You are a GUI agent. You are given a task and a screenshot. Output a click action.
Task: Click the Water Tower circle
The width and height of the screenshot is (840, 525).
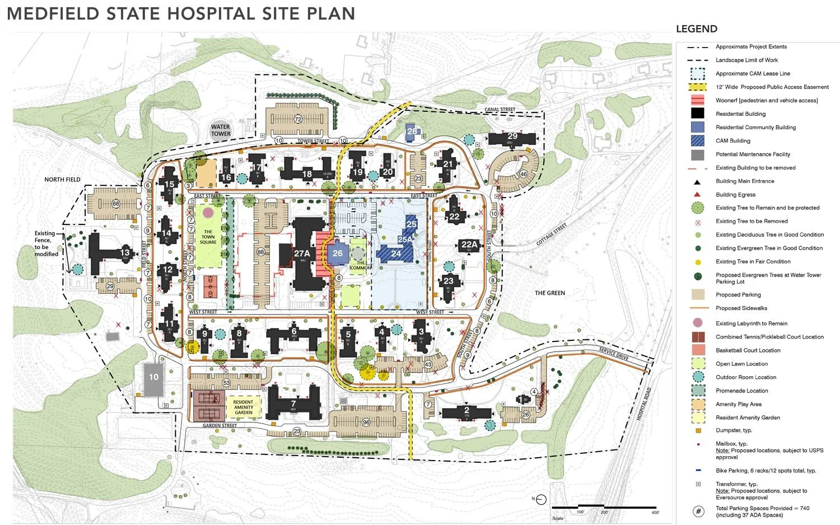click(221, 130)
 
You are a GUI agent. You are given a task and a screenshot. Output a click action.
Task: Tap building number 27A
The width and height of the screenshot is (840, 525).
click(302, 254)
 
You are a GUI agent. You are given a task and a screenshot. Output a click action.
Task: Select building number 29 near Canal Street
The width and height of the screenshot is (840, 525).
click(512, 137)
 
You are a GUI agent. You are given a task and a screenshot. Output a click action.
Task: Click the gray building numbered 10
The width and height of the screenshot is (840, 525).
click(153, 377)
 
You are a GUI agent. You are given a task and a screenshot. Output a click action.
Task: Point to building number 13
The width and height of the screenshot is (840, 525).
click(124, 252)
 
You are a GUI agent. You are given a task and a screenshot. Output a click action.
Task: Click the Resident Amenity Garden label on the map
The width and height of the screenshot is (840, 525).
click(243, 407)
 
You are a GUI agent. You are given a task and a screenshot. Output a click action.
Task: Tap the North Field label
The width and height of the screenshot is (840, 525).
click(62, 180)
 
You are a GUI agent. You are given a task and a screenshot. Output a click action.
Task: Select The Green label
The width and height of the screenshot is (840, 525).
click(549, 293)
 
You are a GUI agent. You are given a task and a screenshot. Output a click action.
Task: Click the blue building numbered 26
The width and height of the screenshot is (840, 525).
click(338, 254)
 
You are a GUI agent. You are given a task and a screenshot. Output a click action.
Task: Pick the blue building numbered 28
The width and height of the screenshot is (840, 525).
click(412, 132)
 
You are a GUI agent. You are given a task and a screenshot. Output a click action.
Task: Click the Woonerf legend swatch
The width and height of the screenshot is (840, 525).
click(697, 100)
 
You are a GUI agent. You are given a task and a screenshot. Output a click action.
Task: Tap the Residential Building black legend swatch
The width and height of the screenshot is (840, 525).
click(697, 114)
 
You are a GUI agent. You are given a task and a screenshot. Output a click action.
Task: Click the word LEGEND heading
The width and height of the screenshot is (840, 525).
click(696, 29)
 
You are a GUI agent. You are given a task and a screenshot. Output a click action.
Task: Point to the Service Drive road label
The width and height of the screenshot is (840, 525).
click(614, 354)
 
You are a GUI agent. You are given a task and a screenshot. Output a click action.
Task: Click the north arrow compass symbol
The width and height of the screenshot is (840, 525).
click(541, 499)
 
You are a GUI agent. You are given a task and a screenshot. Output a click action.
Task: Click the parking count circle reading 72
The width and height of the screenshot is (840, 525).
click(298, 119)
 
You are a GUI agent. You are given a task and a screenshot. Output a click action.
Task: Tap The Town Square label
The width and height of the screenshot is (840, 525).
click(208, 237)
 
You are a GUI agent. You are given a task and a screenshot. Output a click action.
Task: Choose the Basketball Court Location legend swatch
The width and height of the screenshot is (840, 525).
click(697, 350)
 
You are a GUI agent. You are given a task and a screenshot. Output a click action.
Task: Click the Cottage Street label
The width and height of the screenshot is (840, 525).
click(552, 234)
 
